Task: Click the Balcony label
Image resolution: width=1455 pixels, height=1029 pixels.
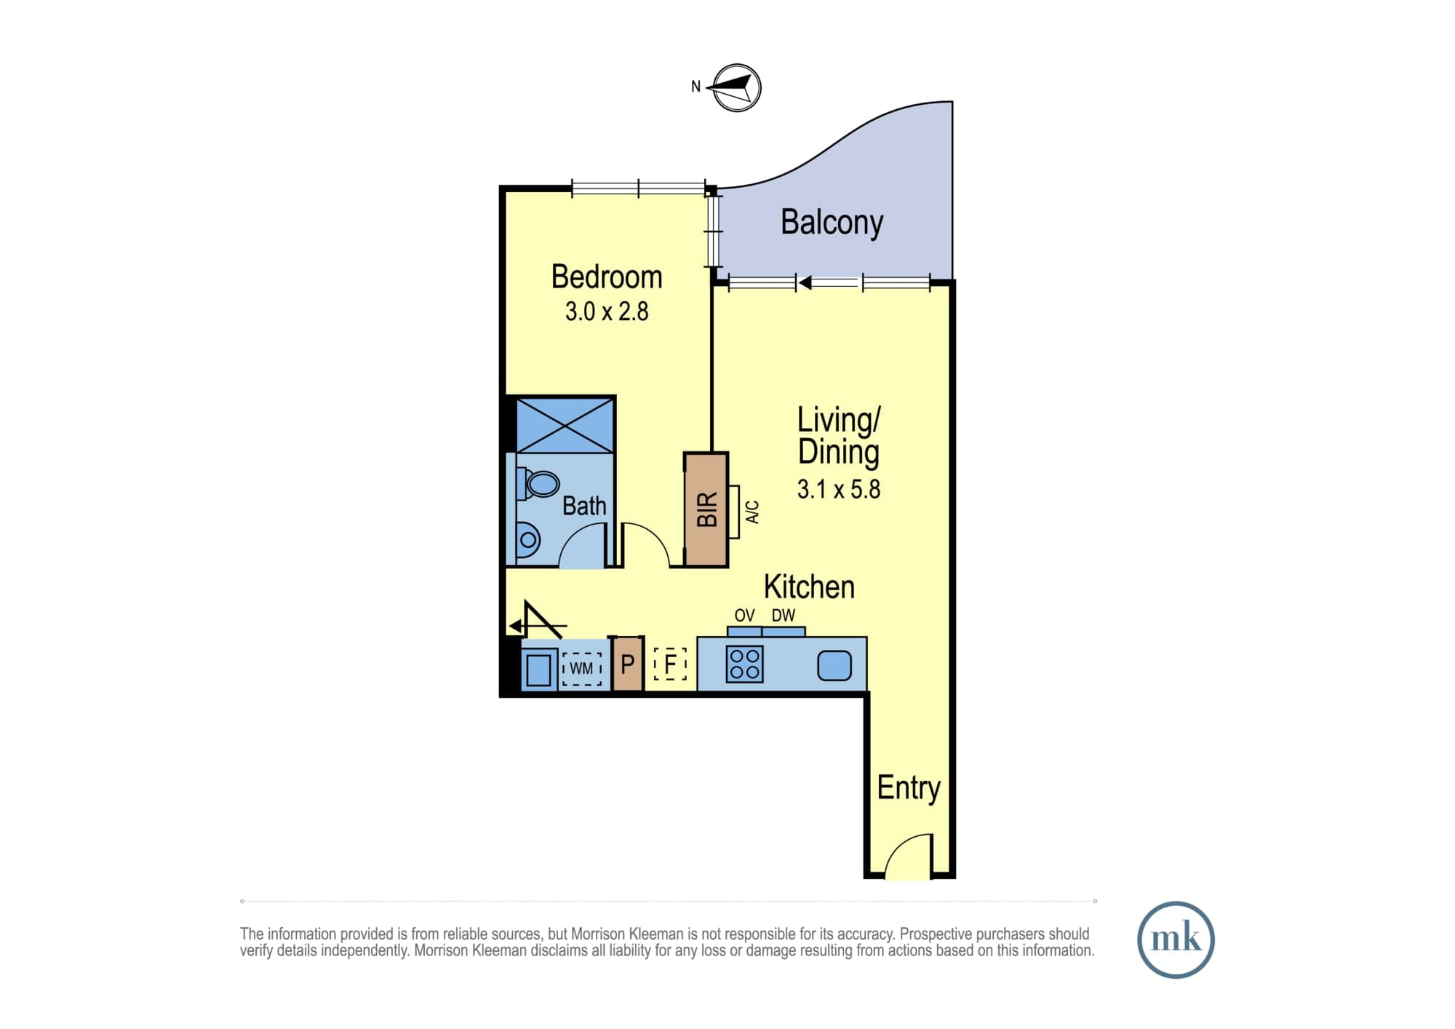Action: [x=832, y=223]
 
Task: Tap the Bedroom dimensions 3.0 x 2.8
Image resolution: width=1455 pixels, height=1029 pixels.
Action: [x=607, y=311]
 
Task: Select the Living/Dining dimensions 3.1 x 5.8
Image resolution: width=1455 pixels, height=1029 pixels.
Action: [x=839, y=489]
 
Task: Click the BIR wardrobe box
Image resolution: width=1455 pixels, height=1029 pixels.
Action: [x=706, y=509]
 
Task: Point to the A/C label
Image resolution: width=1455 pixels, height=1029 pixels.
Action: [x=753, y=512]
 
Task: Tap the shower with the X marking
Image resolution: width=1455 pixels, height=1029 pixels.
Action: [x=565, y=424]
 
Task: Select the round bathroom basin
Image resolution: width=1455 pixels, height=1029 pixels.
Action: [x=528, y=540]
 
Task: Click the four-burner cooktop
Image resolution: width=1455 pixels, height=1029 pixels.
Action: [x=744, y=664]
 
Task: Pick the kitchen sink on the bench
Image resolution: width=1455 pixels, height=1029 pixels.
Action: [x=834, y=665]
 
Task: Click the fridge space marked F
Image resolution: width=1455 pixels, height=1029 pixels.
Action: [x=670, y=664]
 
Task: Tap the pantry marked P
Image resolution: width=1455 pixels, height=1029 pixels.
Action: [x=628, y=664]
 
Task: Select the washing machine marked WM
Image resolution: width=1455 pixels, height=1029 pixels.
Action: [x=581, y=668]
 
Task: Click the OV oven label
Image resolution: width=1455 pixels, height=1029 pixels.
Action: [x=744, y=616]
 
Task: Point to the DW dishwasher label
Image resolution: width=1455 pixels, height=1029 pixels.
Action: [x=784, y=616]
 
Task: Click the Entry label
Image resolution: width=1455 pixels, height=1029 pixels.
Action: [x=909, y=788]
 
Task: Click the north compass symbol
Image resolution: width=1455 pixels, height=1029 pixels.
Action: [x=737, y=88]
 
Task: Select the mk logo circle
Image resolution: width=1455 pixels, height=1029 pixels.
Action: [x=1176, y=939]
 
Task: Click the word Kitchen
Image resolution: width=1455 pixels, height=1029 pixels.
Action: [x=809, y=587]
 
